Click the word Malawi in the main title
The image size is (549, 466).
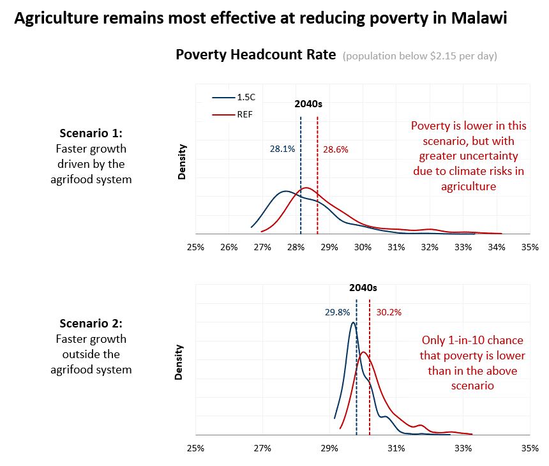[x=479, y=18]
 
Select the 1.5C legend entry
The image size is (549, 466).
[x=234, y=97]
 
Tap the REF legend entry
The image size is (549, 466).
[x=232, y=114]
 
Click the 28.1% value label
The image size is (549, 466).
[x=282, y=149]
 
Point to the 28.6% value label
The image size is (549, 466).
[x=335, y=149]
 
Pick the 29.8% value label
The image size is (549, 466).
[x=337, y=312]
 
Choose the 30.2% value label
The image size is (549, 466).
[x=389, y=312]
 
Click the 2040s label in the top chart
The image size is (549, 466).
[x=308, y=104]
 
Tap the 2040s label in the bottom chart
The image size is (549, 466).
[x=363, y=288]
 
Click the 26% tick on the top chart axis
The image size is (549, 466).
[x=229, y=247]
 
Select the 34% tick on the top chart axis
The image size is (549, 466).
[x=497, y=247]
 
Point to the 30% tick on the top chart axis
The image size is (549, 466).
[x=363, y=247]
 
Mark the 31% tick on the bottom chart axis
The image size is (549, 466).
[x=396, y=448]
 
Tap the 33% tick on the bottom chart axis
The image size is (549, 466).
[x=463, y=448]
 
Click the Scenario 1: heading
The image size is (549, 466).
[x=91, y=133]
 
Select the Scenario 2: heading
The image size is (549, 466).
[x=91, y=323]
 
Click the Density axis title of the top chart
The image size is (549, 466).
[x=182, y=162]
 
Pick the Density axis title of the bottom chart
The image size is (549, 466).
[x=179, y=363]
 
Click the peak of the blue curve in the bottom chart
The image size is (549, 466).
[x=353, y=322]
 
